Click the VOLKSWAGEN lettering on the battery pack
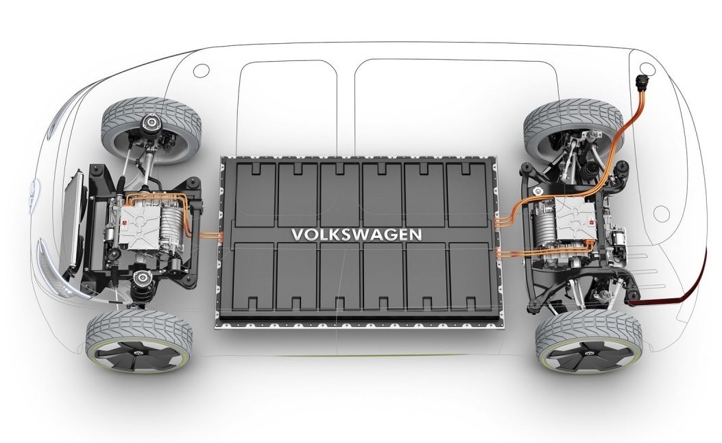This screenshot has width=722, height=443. click(357, 235)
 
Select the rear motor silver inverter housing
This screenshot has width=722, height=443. click(575, 220)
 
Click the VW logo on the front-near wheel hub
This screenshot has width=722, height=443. click(137, 352)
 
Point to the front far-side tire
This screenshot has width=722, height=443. click(151, 130)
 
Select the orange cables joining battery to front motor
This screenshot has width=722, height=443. click(211, 237)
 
